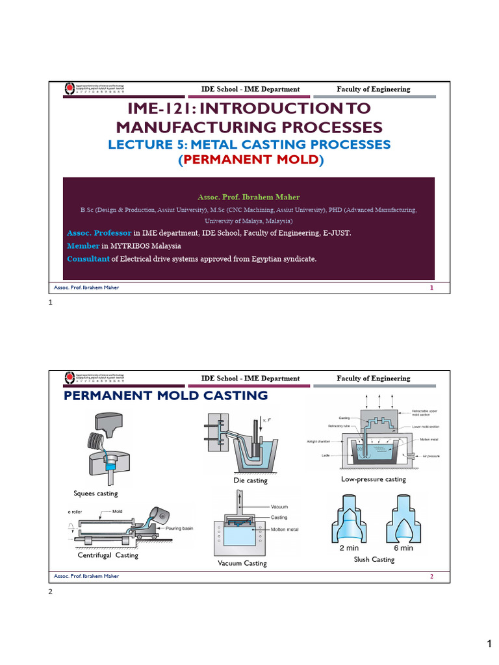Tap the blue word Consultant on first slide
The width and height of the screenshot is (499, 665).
click(88, 259)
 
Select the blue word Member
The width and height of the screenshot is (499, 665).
click(83, 245)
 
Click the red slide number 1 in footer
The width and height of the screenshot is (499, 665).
click(431, 288)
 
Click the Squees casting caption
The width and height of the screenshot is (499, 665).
click(96, 494)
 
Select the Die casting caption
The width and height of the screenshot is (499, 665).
click(250, 481)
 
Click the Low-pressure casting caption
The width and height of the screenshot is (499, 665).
click(373, 479)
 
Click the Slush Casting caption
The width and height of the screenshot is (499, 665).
click(374, 559)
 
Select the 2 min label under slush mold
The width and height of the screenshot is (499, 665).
click(350, 547)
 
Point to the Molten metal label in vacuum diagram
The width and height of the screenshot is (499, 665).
click(285, 530)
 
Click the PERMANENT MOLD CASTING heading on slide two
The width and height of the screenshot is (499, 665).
click(165, 395)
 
